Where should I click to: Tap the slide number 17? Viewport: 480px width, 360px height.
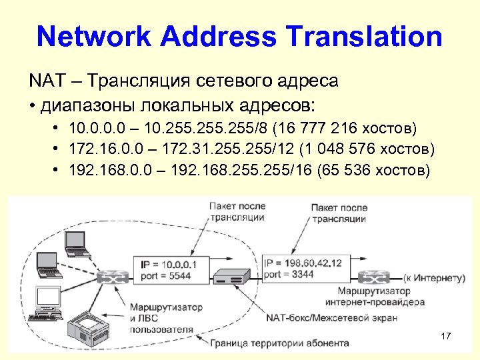(447, 336)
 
